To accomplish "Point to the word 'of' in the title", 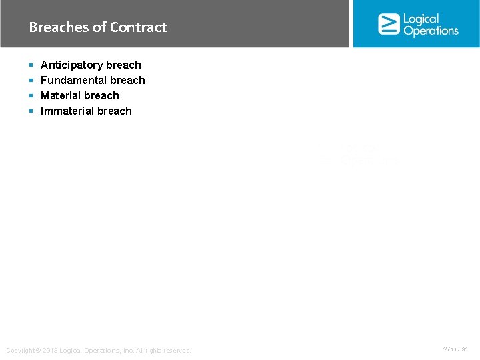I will point(99,27).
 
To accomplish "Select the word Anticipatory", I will point(72,65).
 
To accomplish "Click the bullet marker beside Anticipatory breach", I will point(31,65).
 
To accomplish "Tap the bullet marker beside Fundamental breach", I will point(31,81).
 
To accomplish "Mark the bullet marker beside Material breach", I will point(31,96).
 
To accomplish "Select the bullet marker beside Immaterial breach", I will point(31,111).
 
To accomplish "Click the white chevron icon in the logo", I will point(389,24).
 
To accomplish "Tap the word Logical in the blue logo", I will point(421,19).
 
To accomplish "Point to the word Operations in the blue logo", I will point(431,31).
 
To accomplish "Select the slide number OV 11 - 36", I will point(455,349).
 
